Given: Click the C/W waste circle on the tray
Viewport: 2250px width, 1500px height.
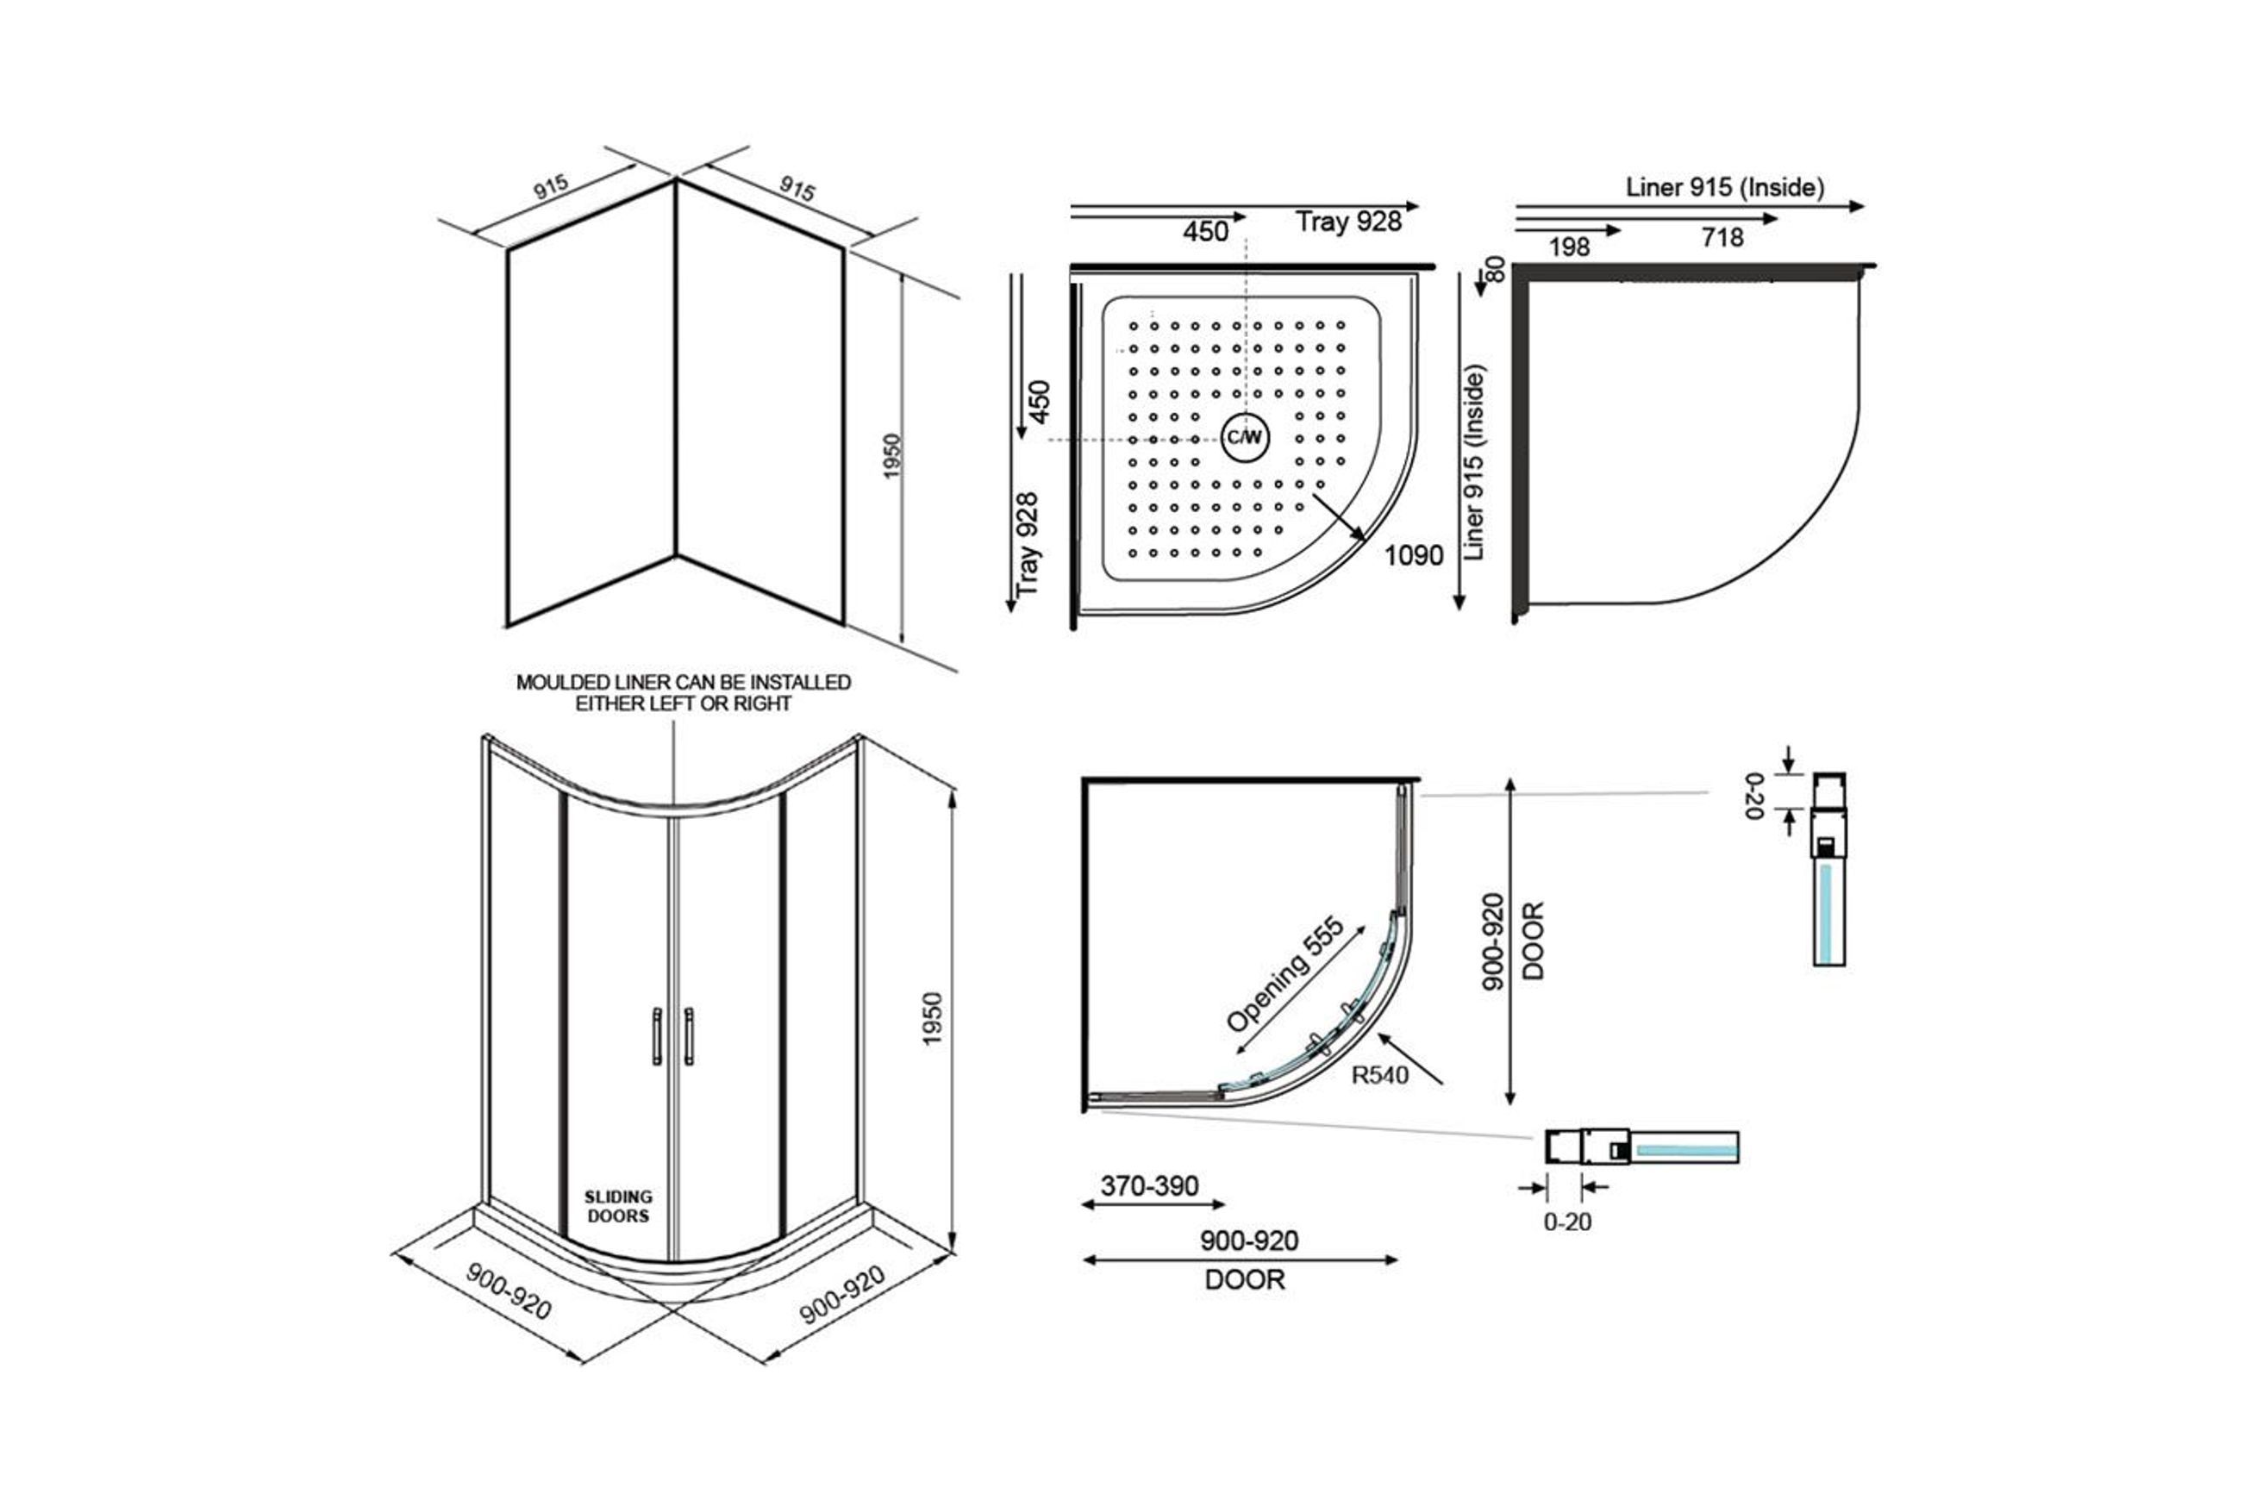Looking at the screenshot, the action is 1245,438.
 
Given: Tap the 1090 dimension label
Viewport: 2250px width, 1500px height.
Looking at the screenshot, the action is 1413,555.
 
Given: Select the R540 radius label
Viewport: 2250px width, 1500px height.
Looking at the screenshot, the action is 1379,1075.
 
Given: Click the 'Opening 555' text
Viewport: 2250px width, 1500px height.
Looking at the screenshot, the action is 1284,974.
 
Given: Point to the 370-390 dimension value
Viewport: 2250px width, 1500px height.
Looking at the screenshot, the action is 1149,1186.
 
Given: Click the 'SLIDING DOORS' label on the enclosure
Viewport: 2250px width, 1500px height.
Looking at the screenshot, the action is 618,1206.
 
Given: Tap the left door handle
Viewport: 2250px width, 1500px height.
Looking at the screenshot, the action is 656,1036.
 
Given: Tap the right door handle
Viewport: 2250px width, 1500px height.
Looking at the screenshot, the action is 689,1036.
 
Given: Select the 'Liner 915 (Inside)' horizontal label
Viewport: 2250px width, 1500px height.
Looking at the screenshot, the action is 1725,188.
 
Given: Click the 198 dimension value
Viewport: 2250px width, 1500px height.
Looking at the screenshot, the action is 1569,247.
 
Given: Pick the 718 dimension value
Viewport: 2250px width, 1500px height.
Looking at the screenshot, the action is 1722,237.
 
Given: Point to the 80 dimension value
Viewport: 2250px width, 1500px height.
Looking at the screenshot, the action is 1495,269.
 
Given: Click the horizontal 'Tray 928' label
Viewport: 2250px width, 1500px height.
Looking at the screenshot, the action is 1349,222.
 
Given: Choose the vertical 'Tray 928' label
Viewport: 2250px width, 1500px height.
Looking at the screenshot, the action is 1027,544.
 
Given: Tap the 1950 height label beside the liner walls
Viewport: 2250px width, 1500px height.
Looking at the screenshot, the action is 891,456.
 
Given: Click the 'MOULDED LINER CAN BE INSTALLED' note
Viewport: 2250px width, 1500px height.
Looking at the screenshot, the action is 683,682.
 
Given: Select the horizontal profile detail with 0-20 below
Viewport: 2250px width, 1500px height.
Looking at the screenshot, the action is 1641,1146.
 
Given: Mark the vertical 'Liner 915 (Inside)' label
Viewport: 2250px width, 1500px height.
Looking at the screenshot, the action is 1474,462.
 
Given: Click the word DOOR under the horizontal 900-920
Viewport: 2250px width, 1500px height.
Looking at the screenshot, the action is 1245,1280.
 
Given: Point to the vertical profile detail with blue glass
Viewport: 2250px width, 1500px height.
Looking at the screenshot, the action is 1829,869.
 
